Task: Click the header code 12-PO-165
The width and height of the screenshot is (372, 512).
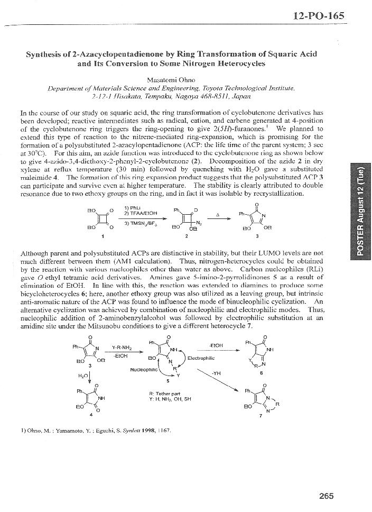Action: click(318, 15)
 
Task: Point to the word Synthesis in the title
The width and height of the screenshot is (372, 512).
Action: click(47, 53)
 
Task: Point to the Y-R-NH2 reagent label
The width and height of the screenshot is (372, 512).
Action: click(123, 348)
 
